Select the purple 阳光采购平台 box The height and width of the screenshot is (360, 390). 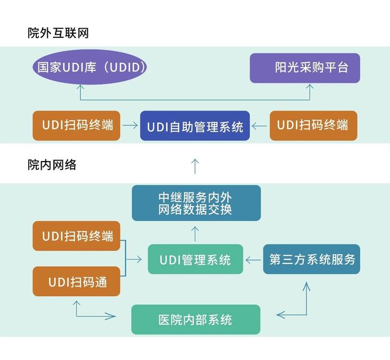click(x=304, y=68)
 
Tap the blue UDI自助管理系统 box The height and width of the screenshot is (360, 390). click(x=195, y=126)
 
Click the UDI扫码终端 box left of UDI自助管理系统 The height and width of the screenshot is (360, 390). click(x=76, y=125)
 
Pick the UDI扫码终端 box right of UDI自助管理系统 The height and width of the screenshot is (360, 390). click(x=313, y=125)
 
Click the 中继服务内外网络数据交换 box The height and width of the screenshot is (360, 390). click(x=196, y=203)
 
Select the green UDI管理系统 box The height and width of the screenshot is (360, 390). click(x=195, y=259)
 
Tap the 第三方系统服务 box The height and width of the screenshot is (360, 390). click(x=311, y=259)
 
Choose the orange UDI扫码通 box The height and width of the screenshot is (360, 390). click(x=76, y=281)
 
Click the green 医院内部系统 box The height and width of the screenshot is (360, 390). click(x=196, y=319)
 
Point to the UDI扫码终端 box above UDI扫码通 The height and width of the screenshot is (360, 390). click(x=76, y=236)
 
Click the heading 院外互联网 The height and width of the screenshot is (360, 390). click(x=58, y=33)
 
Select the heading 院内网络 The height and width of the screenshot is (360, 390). click(x=52, y=165)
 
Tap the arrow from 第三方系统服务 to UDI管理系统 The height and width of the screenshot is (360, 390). click(x=253, y=260)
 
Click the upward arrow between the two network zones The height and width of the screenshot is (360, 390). click(x=196, y=165)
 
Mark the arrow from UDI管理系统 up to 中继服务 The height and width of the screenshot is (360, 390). click(x=196, y=233)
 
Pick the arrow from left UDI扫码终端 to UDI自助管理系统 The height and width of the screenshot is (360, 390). click(x=130, y=126)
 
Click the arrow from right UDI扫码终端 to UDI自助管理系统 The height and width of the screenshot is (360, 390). click(x=259, y=126)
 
